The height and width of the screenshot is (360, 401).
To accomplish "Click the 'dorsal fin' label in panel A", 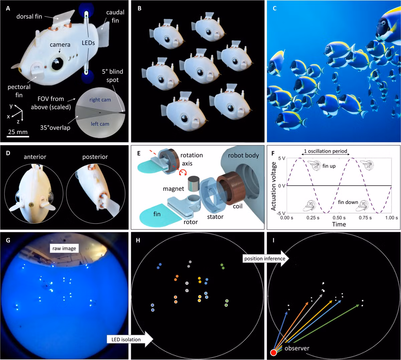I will [29, 16].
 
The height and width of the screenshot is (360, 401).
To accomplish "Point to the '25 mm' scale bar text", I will [18, 132].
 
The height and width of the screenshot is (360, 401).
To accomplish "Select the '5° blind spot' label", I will [112, 76].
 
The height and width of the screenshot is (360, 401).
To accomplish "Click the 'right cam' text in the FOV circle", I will [100, 99].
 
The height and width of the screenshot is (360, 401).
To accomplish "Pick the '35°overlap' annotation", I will [55, 127].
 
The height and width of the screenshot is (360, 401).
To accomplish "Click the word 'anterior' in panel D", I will [35, 157].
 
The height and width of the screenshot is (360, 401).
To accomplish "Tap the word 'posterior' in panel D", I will [95, 157].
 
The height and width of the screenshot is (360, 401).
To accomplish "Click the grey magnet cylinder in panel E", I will [194, 184].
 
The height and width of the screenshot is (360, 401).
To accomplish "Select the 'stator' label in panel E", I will [215, 217].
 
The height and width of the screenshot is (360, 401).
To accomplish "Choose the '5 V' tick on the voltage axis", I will [281, 158].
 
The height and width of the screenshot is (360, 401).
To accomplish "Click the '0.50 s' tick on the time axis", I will [339, 217].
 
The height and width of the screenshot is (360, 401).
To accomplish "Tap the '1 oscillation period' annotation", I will [325, 151].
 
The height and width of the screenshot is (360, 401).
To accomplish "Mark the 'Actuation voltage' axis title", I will [274, 186].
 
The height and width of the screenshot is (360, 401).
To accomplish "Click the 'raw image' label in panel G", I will [64, 248].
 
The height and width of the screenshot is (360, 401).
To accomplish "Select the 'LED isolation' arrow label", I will [126, 339].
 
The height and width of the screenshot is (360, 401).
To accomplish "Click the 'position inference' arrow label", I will [265, 258].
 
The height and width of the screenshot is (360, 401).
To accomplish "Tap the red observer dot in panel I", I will [273, 352].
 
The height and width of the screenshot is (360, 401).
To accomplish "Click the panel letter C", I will [275, 8].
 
